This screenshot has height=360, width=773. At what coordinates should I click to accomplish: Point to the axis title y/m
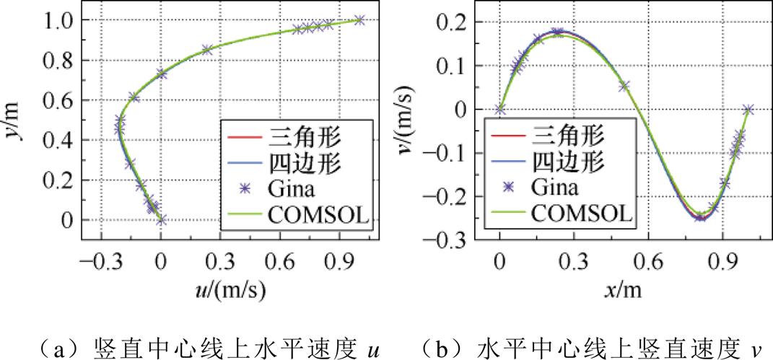click(x=15, y=120)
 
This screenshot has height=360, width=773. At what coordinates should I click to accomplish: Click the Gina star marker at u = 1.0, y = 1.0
click(x=359, y=20)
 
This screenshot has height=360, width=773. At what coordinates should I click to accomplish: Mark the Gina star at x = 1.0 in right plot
click(x=748, y=110)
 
